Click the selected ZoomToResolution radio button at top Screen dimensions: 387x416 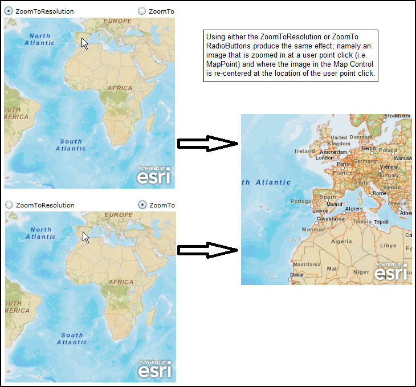(9, 11)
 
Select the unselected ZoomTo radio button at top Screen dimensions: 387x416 (142, 11)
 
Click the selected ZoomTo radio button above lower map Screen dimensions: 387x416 (142, 205)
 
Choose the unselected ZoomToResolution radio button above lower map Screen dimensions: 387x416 (9, 205)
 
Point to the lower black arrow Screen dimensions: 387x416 (207, 250)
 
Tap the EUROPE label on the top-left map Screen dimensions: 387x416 (117, 21)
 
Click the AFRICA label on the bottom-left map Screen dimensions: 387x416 (121, 282)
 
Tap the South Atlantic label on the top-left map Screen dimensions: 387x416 (71, 145)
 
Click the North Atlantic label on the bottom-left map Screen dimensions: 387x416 (40, 233)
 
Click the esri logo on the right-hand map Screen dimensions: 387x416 (391, 272)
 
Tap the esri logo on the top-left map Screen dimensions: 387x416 (153, 176)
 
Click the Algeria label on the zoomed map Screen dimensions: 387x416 (342, 241)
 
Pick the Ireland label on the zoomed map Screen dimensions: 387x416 (304, 151)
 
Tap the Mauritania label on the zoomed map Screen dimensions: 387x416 (307, 264)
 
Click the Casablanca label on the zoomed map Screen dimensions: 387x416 (330, 218)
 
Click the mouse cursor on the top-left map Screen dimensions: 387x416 (84, 43)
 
